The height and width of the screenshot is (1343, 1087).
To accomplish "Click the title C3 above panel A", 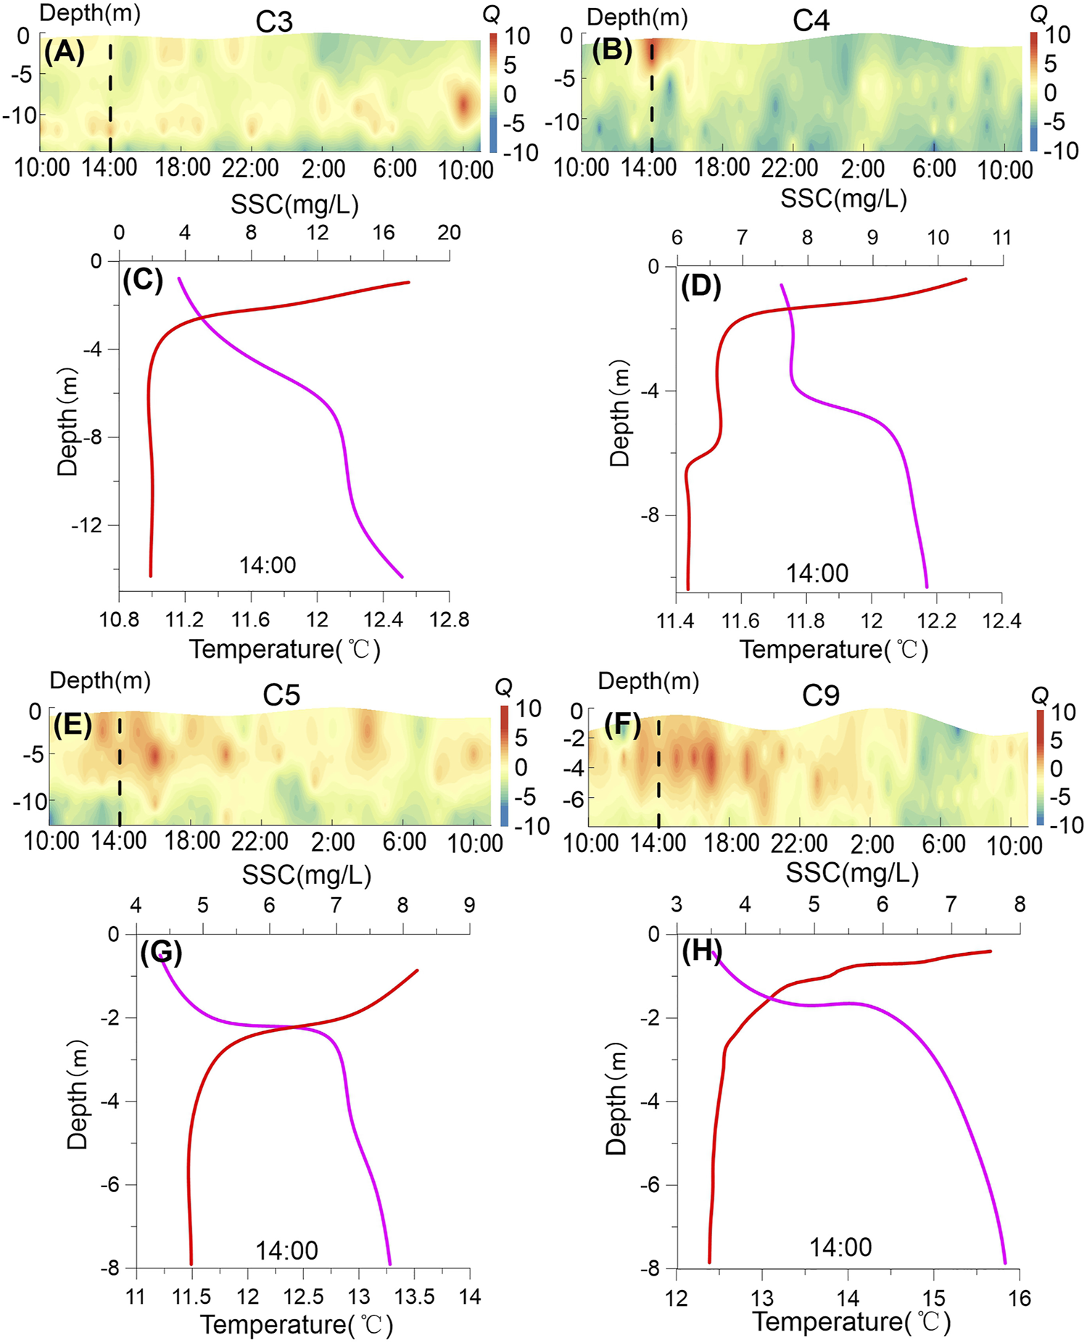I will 274,22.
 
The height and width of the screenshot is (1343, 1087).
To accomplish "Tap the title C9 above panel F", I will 820,695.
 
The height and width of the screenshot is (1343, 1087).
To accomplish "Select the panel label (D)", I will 701,288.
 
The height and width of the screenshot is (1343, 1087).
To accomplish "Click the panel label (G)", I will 161,952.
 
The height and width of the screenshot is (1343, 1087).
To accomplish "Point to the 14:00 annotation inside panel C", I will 268,565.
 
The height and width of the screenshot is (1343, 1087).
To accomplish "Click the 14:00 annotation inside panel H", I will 840,1247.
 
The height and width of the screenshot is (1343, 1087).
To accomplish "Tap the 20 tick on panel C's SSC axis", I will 449,233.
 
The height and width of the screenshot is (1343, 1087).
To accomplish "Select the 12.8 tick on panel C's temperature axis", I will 449,620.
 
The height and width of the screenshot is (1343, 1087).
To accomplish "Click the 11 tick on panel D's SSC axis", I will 1001,238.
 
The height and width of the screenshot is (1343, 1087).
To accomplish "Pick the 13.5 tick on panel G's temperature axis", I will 414,1296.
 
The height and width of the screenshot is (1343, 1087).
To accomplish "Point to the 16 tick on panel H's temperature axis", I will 1020,1298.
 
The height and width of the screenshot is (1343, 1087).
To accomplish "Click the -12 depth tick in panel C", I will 87,526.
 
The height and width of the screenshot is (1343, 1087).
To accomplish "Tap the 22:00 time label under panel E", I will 260,842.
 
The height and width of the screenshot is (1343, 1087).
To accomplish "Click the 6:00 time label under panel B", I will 934,169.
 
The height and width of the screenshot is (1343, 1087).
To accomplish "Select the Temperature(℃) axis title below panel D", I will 834,649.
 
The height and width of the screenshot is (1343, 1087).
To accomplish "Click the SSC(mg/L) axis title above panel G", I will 306,875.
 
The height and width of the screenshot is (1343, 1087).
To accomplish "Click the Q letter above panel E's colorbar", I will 503,687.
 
